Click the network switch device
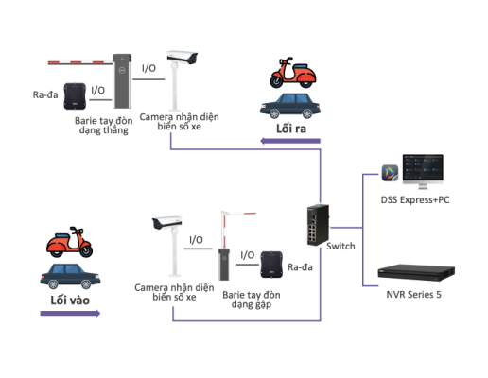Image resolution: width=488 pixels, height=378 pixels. click(x=318, y=225)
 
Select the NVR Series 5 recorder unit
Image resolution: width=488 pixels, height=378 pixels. click(x=416, y=272)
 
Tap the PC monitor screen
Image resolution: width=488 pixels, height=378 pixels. click(x=423, y=167)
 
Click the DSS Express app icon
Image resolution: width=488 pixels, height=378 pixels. click(x=390, y=173)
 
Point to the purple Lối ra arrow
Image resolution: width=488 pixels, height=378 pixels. click(x=290, y=141)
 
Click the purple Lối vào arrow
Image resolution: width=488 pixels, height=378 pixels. click(x=70, y=313)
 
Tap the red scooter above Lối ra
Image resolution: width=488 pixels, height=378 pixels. click(x=292, y=73)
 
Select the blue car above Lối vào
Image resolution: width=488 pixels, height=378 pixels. click(x=70, y=276)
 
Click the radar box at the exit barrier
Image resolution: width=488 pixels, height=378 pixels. click(x=75, y=96)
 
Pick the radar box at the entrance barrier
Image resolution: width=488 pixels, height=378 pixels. click(x=271, y=265)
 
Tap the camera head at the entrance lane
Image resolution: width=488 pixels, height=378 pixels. click(x=166, y=222)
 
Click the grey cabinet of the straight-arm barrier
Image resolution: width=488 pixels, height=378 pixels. click(x=122, y=81)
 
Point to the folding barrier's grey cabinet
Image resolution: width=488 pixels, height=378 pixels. click(x=224, y=265)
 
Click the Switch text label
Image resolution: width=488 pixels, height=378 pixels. click(x=340, y=246)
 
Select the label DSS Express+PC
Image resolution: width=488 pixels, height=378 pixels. click(x=415, y=199)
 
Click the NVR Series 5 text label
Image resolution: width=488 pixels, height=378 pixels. click(x=413, y=295)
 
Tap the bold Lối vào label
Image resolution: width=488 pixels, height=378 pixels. click(x=70, y=301)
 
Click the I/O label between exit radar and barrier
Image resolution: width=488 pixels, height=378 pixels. click(x=97, y=91)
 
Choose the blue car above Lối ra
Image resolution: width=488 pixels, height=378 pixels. click(x=290, y=106)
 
